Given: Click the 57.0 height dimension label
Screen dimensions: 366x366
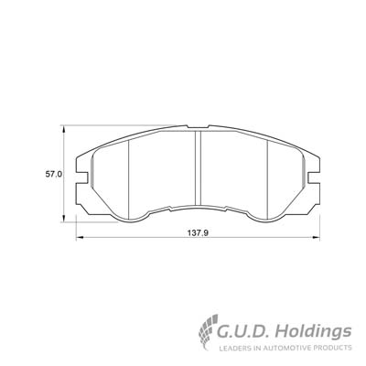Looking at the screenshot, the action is (54, 175).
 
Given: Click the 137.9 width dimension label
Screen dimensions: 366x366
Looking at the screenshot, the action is (198, 233).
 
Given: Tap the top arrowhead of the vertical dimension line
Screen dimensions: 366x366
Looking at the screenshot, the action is (63, 129).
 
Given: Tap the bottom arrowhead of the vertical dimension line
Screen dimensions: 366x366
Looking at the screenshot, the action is (63, 219).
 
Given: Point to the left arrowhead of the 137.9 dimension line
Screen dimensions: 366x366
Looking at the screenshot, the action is (80, 237).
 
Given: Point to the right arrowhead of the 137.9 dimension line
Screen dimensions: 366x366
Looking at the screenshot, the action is (316, 237).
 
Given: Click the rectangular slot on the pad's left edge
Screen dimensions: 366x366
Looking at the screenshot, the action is (81, 178).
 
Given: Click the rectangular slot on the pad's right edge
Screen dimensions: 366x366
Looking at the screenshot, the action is (314, 178).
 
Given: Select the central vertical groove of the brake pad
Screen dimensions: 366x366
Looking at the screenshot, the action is (198, 167).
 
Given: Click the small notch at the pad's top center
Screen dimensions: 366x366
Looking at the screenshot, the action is (198, 126).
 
